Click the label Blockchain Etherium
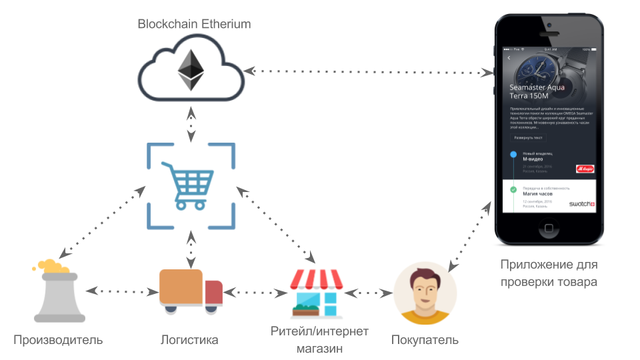[194, 24]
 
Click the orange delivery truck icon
[191, 291]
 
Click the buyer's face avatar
[425, 293]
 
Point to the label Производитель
[58, 340]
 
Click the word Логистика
[189, 340]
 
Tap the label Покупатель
[425, 340]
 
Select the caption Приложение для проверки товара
[549, 273]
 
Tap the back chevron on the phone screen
[509, 58]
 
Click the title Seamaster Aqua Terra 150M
[537, 92]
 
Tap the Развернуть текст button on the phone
[528, 137]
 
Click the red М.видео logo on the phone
[585, 169]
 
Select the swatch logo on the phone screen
[581, 203]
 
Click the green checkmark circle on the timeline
[513, 190]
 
